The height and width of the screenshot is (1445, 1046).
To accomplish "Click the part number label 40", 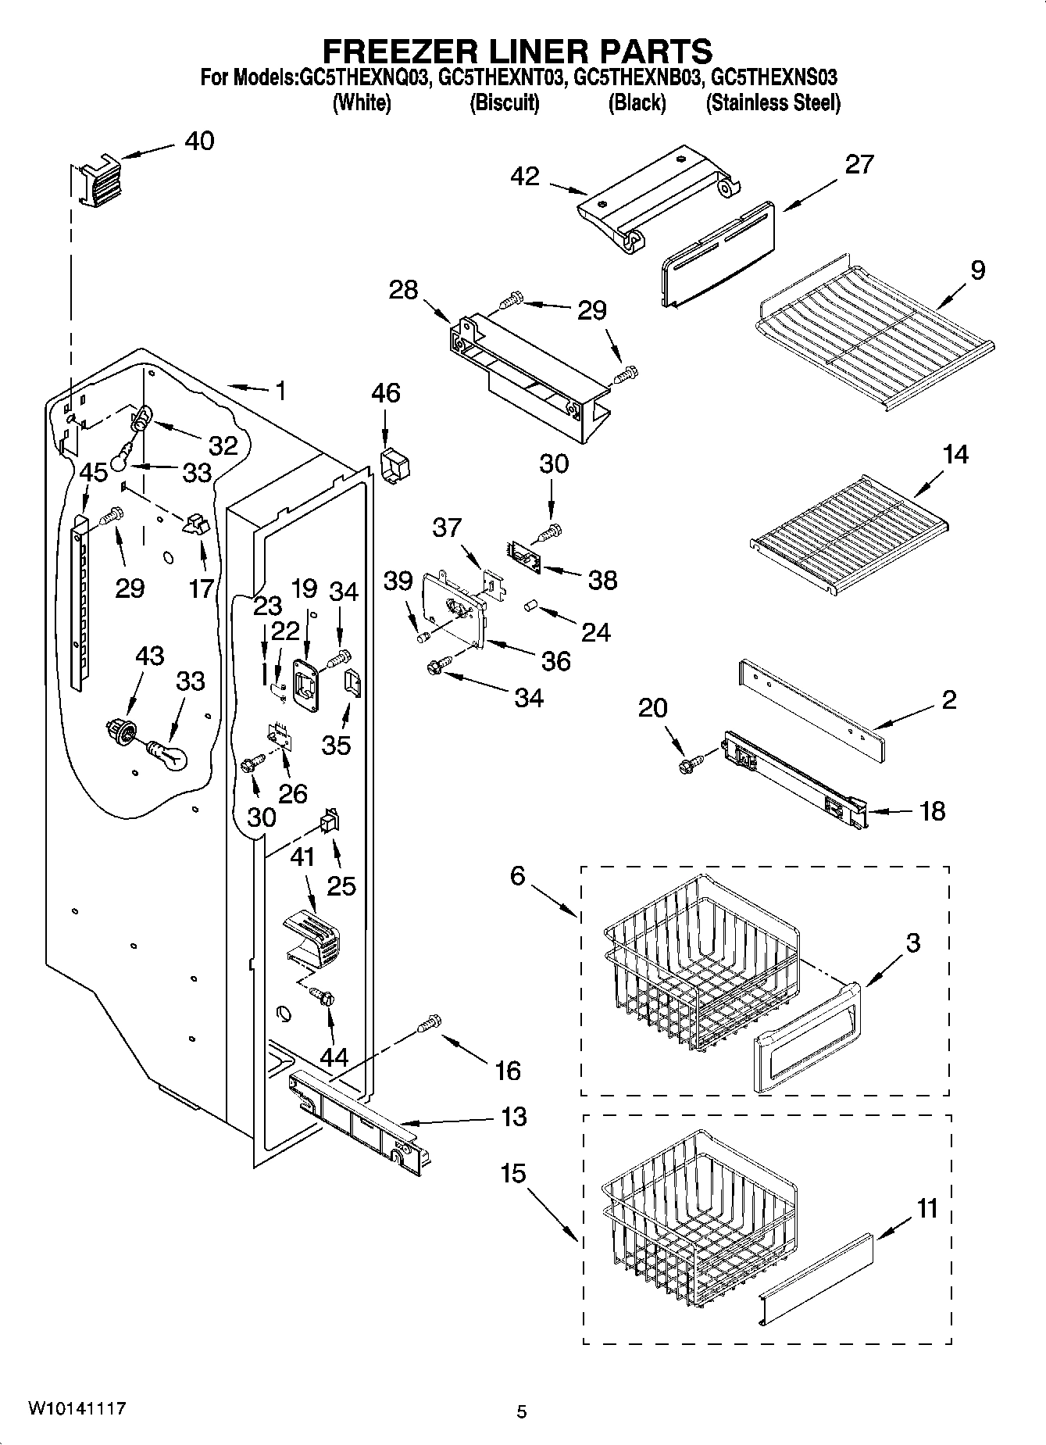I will tap(199, 141).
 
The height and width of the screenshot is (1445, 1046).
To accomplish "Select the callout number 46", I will tap(386, 392).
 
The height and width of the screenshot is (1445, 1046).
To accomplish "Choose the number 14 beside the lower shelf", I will tap(955, 454).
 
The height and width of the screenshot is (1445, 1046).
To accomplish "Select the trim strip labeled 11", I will tap(816, 1279).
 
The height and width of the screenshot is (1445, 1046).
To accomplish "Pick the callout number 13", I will tap(513, 1116).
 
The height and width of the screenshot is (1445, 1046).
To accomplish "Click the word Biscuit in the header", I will tap(504, 103).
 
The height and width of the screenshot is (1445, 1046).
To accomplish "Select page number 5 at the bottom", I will tap(521, 1411).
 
